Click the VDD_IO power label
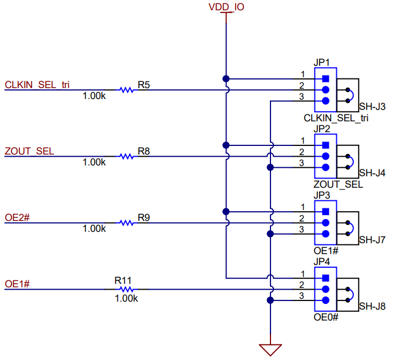coord(226,7)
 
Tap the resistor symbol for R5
coord(126,90)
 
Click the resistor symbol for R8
coord(126,156)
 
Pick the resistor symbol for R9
coord(126,223)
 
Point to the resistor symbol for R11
coord(126,290)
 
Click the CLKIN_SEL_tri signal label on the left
coord(38,85)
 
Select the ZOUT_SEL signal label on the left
coord(29,151)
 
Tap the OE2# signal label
coord(17,217)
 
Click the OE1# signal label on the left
coord(17,284)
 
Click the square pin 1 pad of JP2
coord(326,145)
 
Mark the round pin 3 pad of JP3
coord(326,234)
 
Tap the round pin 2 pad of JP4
coord(326,290)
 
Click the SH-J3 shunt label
coord(372,106)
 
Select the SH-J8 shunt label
coord(372,307)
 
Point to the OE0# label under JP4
coord(326,317)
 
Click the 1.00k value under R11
coord(126,298)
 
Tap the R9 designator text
coord(144,217)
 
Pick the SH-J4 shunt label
coord(372,173)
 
